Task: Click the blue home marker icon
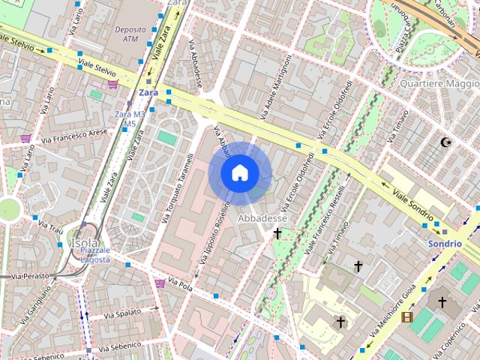[x=240, y=173]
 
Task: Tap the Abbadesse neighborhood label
[x=262, y=217]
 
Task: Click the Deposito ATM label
[x=130, y=33]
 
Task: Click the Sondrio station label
[x=444, y=244]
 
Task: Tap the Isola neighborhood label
[x=83, y=244]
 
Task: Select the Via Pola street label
[x=181, y=286]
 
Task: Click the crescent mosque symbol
[x=447, y=142]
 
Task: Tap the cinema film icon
[x=406, y=317]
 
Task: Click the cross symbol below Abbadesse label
[x=277, y=234]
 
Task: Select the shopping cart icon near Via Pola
[x=160, y=283]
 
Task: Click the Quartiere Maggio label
[x=440, y=83]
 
